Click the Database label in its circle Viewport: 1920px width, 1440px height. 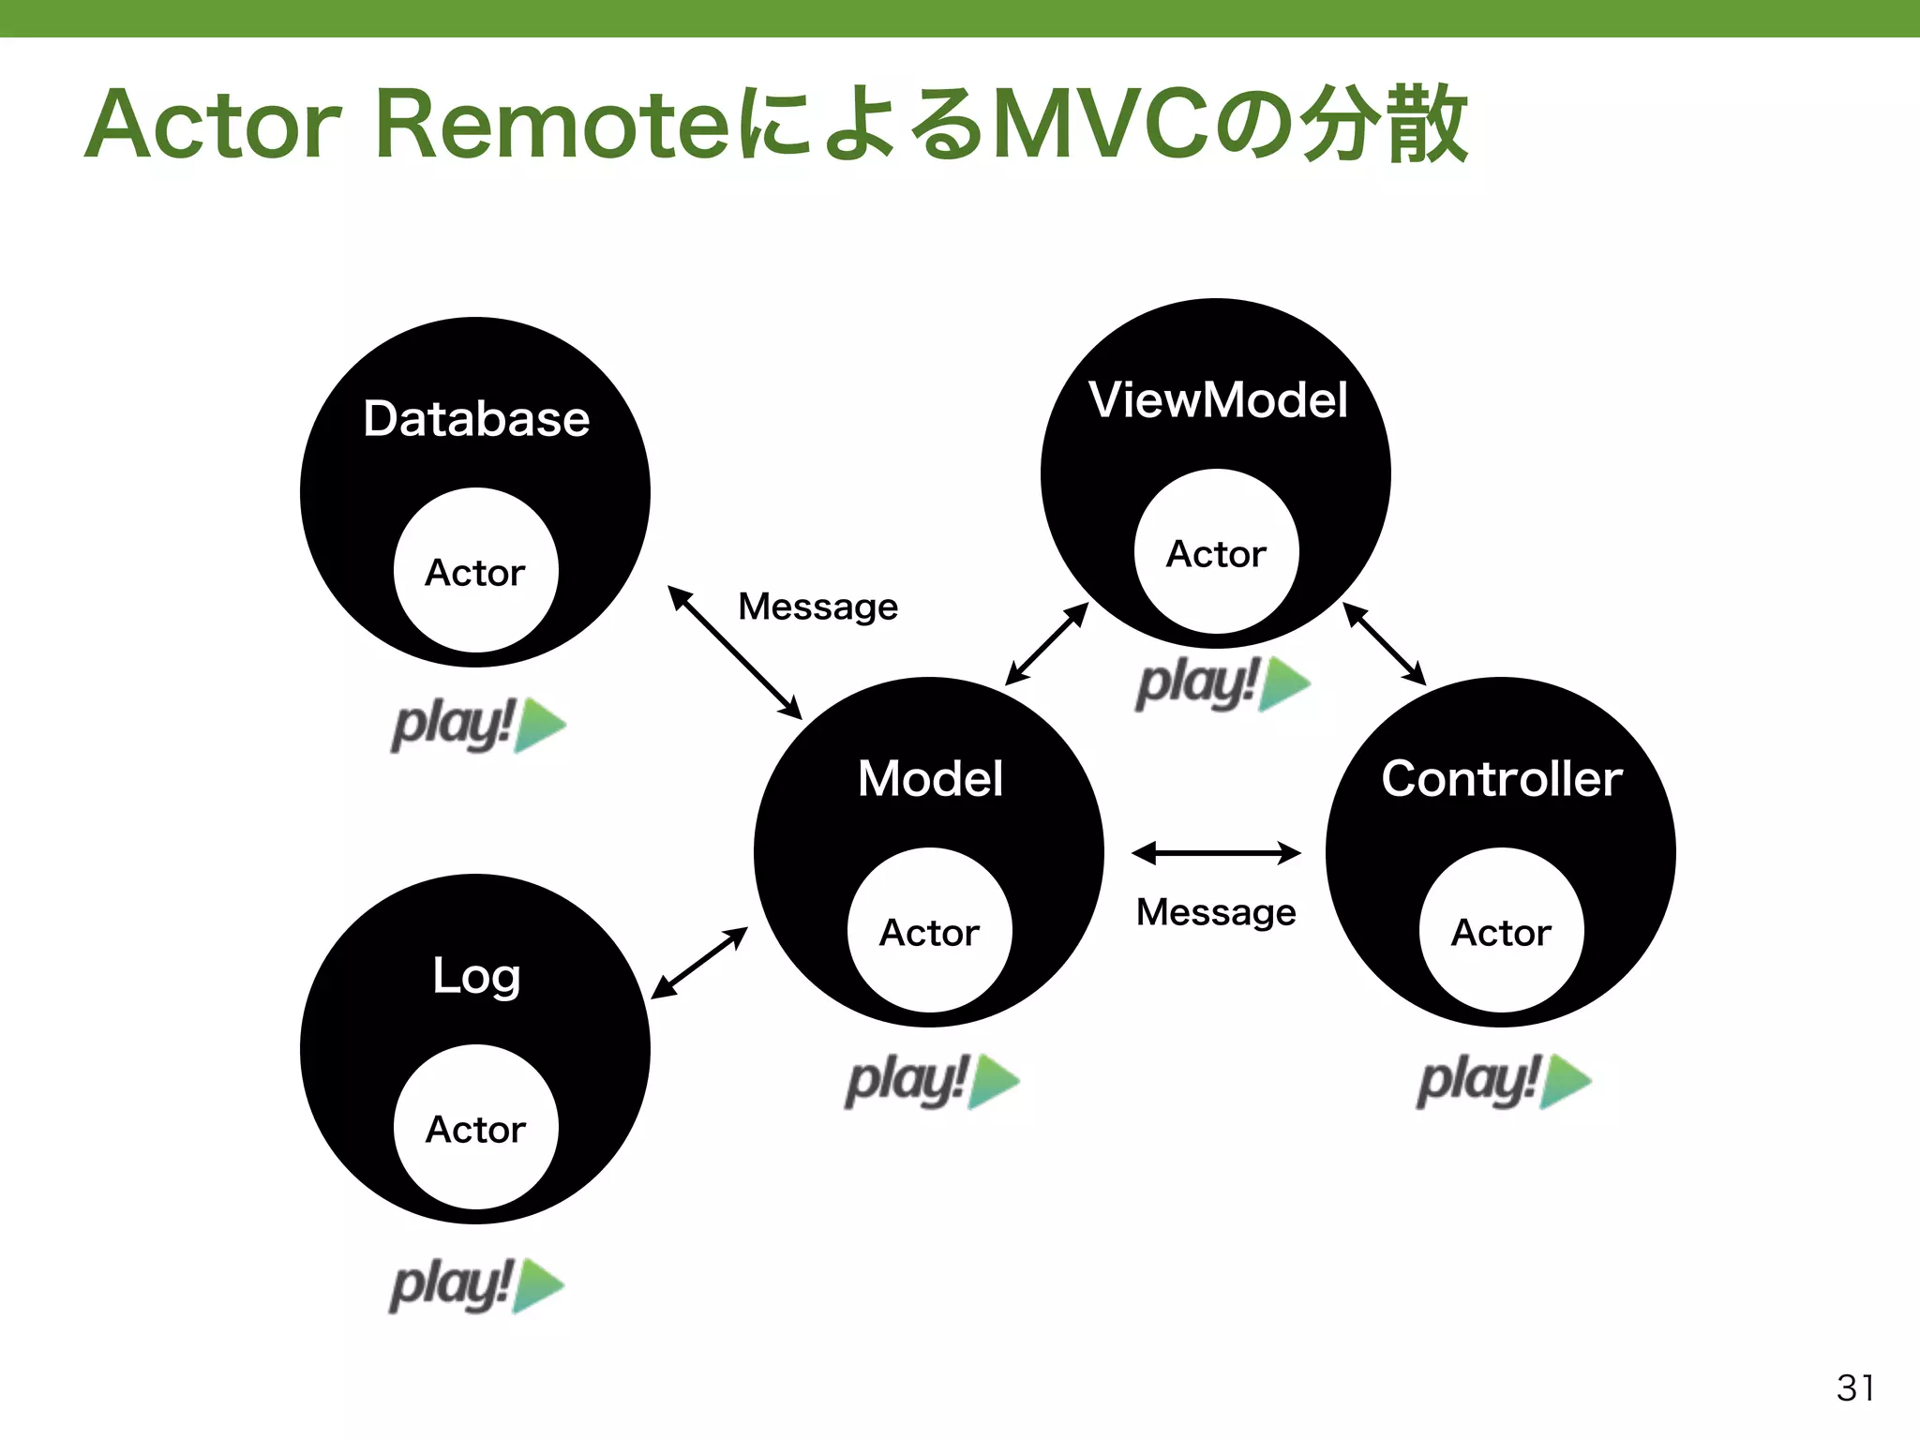tap(476, 419)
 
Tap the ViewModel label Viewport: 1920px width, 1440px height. tap(1218, 400)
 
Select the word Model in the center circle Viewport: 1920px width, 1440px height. tap(930, 779)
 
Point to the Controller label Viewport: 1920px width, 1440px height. tap(1502, 779)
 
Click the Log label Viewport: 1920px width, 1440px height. tap(476, 976)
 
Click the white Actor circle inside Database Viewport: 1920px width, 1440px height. tap(476, 571)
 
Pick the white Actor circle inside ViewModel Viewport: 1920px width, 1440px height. tap(1216, 552)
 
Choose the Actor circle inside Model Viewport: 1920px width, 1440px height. tap(929, 931)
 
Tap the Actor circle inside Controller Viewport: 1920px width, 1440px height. tap(1501, 931)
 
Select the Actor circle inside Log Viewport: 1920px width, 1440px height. tap(476, 1128)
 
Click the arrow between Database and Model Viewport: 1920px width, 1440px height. tap(735, 652)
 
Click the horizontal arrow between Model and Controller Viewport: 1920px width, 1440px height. tap(1216, 853)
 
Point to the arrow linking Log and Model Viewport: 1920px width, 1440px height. tap(699, 963)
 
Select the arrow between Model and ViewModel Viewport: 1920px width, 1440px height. tap(1046, 644)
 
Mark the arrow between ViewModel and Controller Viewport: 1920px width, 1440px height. tap(1384, 644)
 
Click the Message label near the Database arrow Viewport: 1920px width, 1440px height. tap(817, 607)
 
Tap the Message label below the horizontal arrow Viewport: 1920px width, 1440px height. tap(1216, 912)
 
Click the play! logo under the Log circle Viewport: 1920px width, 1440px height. tap(476, 1285)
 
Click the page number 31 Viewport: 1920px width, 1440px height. tap(1855, 1388)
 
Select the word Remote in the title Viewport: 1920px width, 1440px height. tap(551, 126)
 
